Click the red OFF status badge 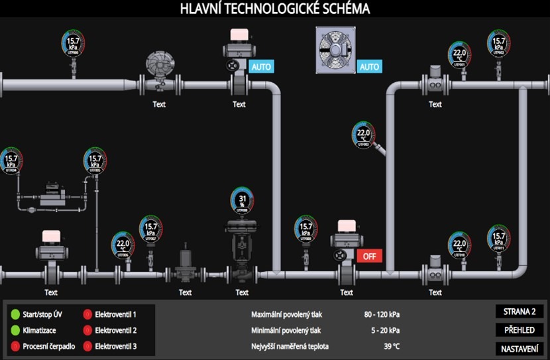pyautogui.click(x=369, y=256)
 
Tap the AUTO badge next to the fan pyautogui.click(x=369, y=66)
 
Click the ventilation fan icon pyautogui.click(x=335, y=50)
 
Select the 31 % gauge pyautogui.click(x=243, y=201)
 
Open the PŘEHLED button pyautogui.click(x=519, y=330)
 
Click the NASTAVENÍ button pyautogui.click(x=519, y=348)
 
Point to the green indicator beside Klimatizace pyautogui.click(x=15, y=330)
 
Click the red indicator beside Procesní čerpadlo pyautogui.click(x=15, y=346)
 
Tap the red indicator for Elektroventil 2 pyautogui.click(x=87, y=330)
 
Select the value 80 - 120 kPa pyautogui.click(x=381, y=314)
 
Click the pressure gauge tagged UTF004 pyautogui.click(x=11, y=160)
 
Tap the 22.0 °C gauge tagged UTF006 pyautogui.click(x=123, y=245)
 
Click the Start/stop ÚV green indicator pyautogui.click(x=15, y=314)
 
